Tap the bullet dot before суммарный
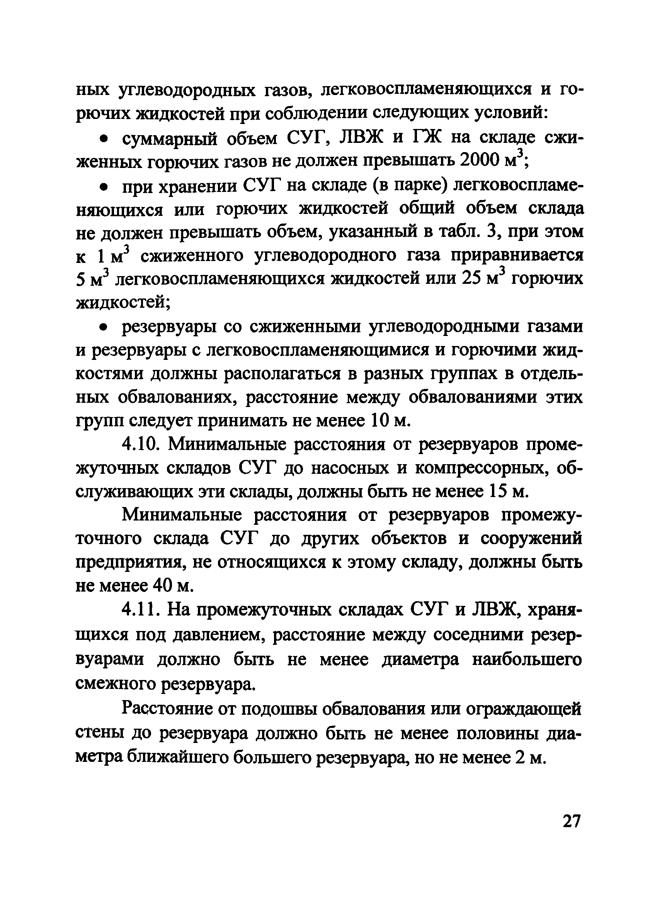(x=104, y=139)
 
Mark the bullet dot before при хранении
(x=104, y=187)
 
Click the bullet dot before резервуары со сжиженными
(x=104, y=328)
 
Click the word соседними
(x=473, y=636)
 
